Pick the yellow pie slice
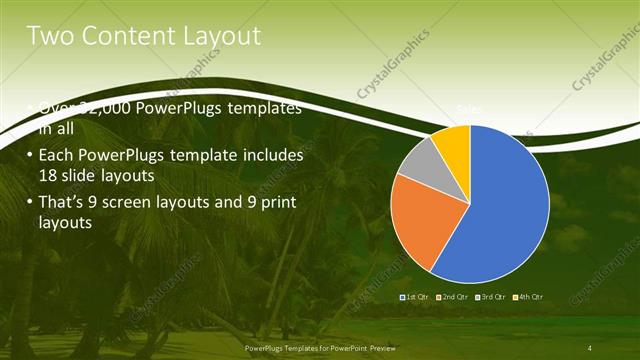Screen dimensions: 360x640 tap(454, 141)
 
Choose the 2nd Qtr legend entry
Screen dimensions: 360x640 tap(454, 297)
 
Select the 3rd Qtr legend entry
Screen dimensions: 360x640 tap(493, 297)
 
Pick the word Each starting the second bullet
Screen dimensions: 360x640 tap(56, 156)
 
